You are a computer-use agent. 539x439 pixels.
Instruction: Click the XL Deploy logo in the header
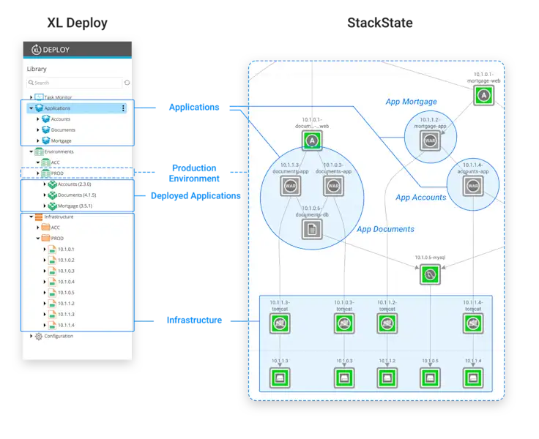(36, 50)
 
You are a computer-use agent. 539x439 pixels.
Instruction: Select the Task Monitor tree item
(58, 97)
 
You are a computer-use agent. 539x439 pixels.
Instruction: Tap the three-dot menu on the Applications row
(123, 108)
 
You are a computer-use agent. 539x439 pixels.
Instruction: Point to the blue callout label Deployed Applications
(195, 196)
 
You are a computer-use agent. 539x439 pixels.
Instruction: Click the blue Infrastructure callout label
(194, 320)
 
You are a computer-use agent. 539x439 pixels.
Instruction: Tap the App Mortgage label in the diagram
(411, 102)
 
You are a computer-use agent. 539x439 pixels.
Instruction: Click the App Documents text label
(385, 229)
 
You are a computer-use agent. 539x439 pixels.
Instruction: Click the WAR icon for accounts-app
(471, 185)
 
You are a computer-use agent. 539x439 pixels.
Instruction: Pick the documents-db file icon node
(313, 229)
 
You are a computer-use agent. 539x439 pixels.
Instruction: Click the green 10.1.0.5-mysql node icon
(430, 275)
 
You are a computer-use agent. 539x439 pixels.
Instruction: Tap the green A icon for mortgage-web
(482, 94)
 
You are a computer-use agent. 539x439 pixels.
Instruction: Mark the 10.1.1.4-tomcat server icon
(472, 323)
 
